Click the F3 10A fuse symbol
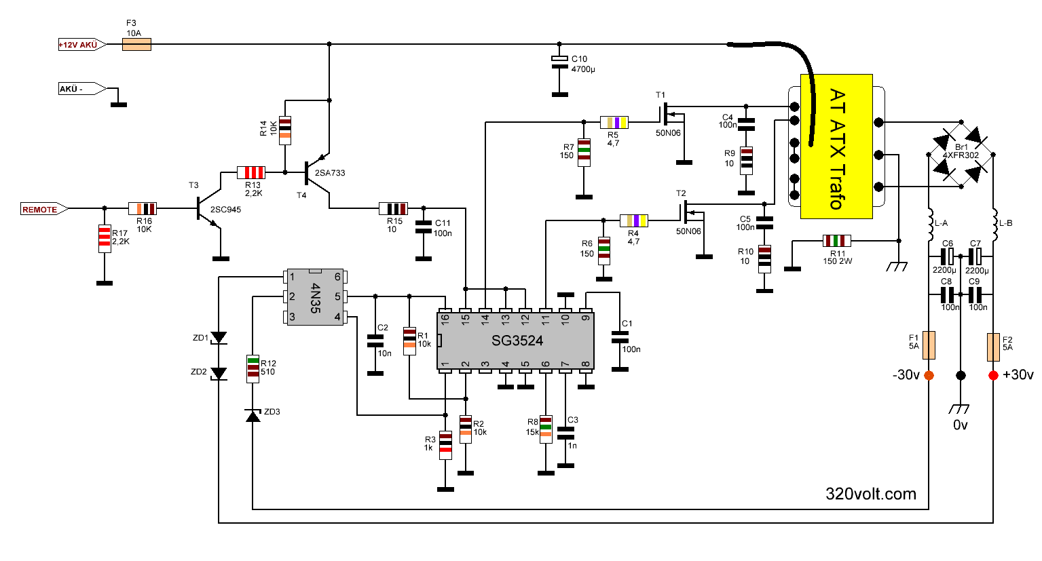point(136,45)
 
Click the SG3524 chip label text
point(517,341)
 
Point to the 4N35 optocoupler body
point(316,297)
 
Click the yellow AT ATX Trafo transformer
point(836,147)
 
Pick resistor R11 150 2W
point(837,241)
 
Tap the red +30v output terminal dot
point(993,376)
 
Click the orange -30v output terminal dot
point(929,376)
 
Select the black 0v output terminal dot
point(961,376)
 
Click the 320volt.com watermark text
point(871,494)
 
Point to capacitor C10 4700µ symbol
point(559,62)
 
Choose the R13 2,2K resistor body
point(251,172)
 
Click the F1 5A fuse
point(929,345)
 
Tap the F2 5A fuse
point(993,347)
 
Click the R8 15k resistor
point(546,429)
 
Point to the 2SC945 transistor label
point(225,210)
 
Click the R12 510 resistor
point(253,368)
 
